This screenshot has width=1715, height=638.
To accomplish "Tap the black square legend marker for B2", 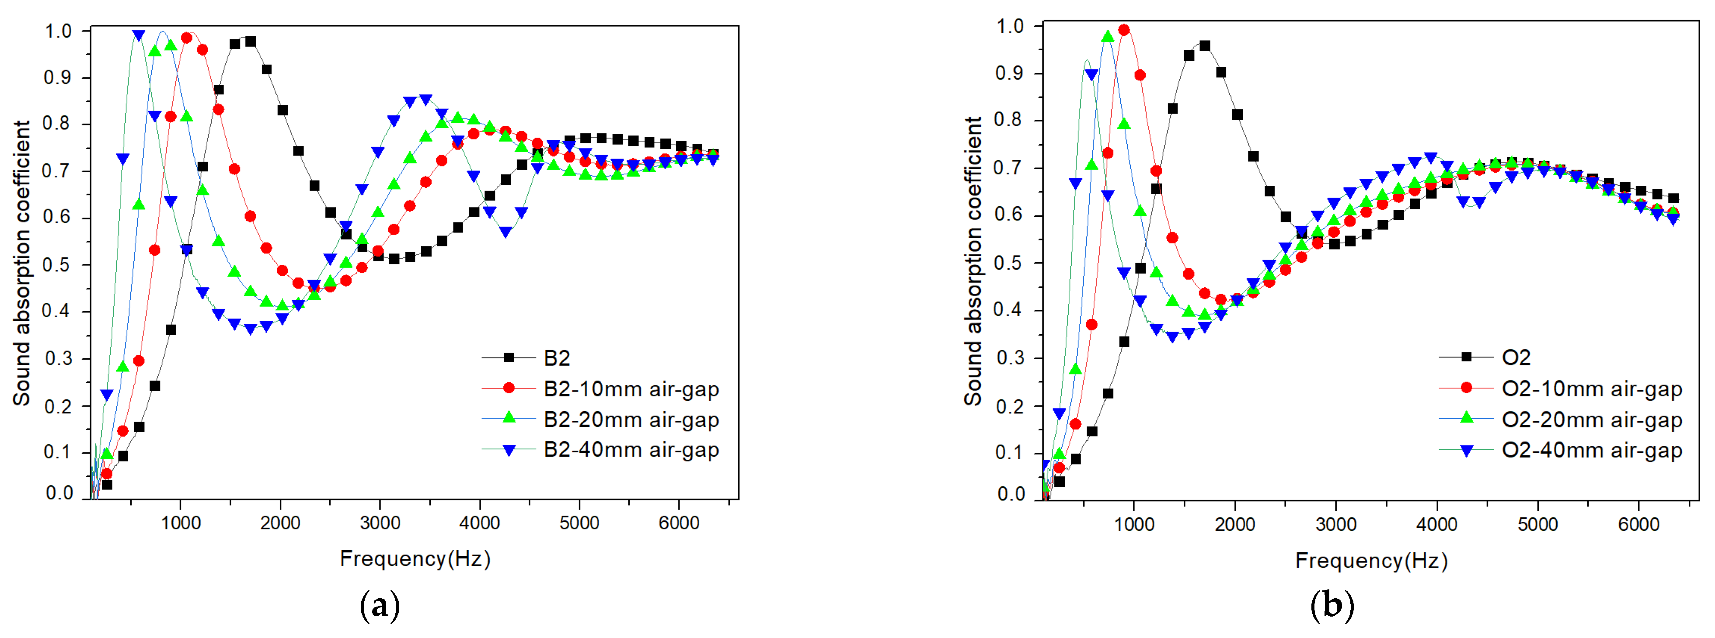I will click(x=509, y=358).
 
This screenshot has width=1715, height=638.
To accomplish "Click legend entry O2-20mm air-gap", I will click(x=1591, y=420).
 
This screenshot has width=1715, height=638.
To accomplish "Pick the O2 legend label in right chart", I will click(x=1516, y=358).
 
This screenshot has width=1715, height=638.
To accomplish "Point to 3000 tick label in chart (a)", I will click(x=380, y=523).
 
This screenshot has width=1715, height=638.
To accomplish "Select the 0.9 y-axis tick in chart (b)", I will click(x=1009, y=73).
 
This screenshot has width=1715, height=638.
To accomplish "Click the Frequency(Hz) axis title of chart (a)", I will click(x=415, y=559).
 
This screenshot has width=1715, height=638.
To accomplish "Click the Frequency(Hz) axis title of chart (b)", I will click(x=1371, y=561).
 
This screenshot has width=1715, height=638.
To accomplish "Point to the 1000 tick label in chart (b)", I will click(x=1134, y=524).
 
